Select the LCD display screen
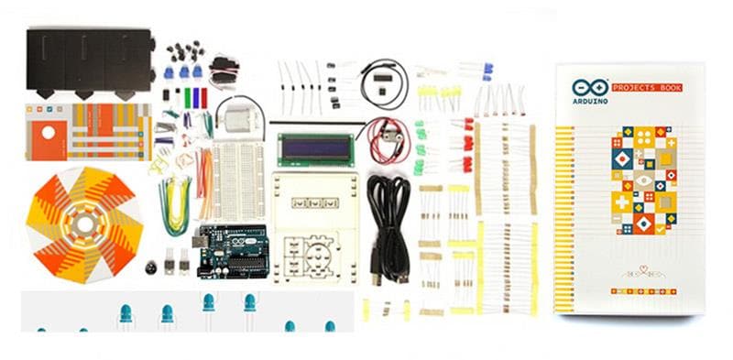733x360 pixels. [316, 149]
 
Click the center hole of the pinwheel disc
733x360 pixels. [84, 224]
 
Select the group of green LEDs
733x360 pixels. [421, 147]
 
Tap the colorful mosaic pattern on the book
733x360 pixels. [645, 179]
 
